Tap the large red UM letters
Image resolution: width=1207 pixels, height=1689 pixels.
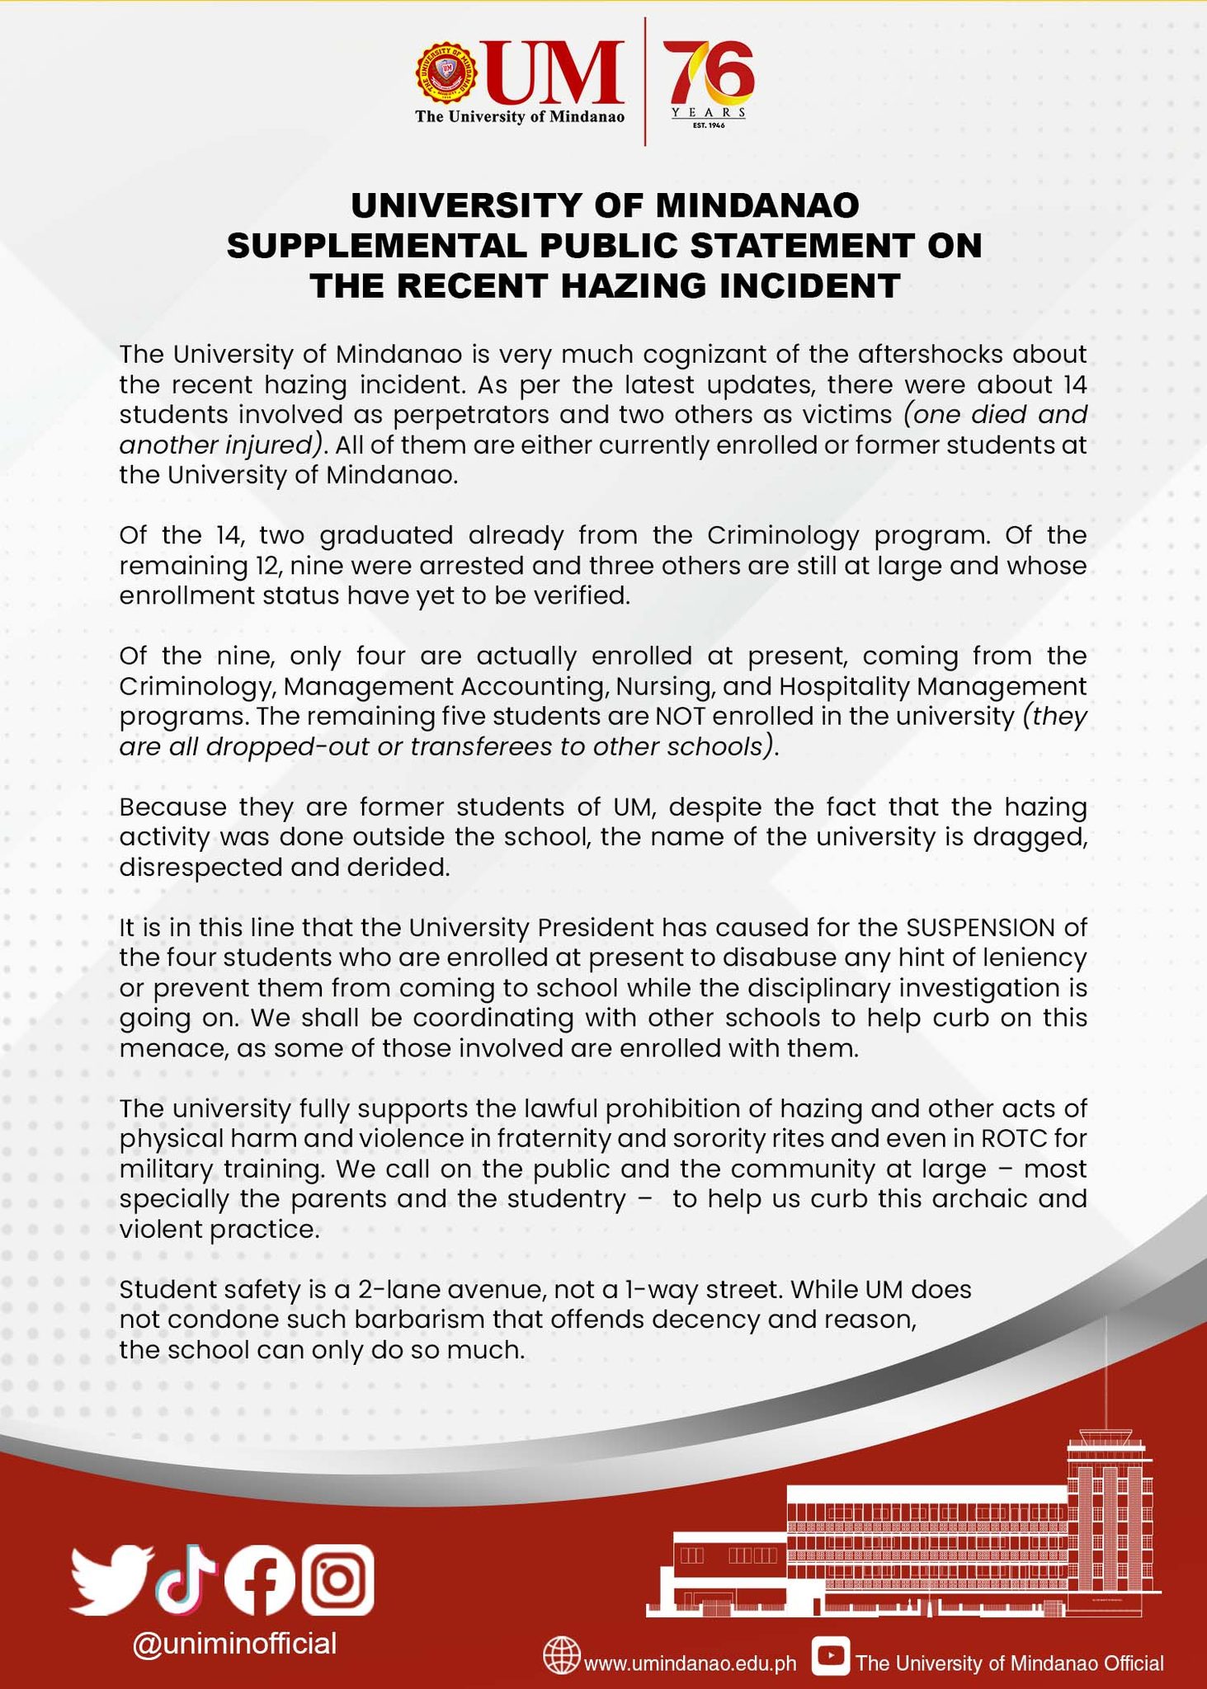554,75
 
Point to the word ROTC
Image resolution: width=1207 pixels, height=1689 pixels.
1015,1138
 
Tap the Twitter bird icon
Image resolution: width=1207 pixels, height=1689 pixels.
111,1579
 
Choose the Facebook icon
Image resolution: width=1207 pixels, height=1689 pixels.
259,1579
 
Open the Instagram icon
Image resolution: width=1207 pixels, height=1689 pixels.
337,1578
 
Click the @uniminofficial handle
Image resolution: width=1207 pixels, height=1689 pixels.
235,1643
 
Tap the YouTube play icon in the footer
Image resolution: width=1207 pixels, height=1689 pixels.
831,1656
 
